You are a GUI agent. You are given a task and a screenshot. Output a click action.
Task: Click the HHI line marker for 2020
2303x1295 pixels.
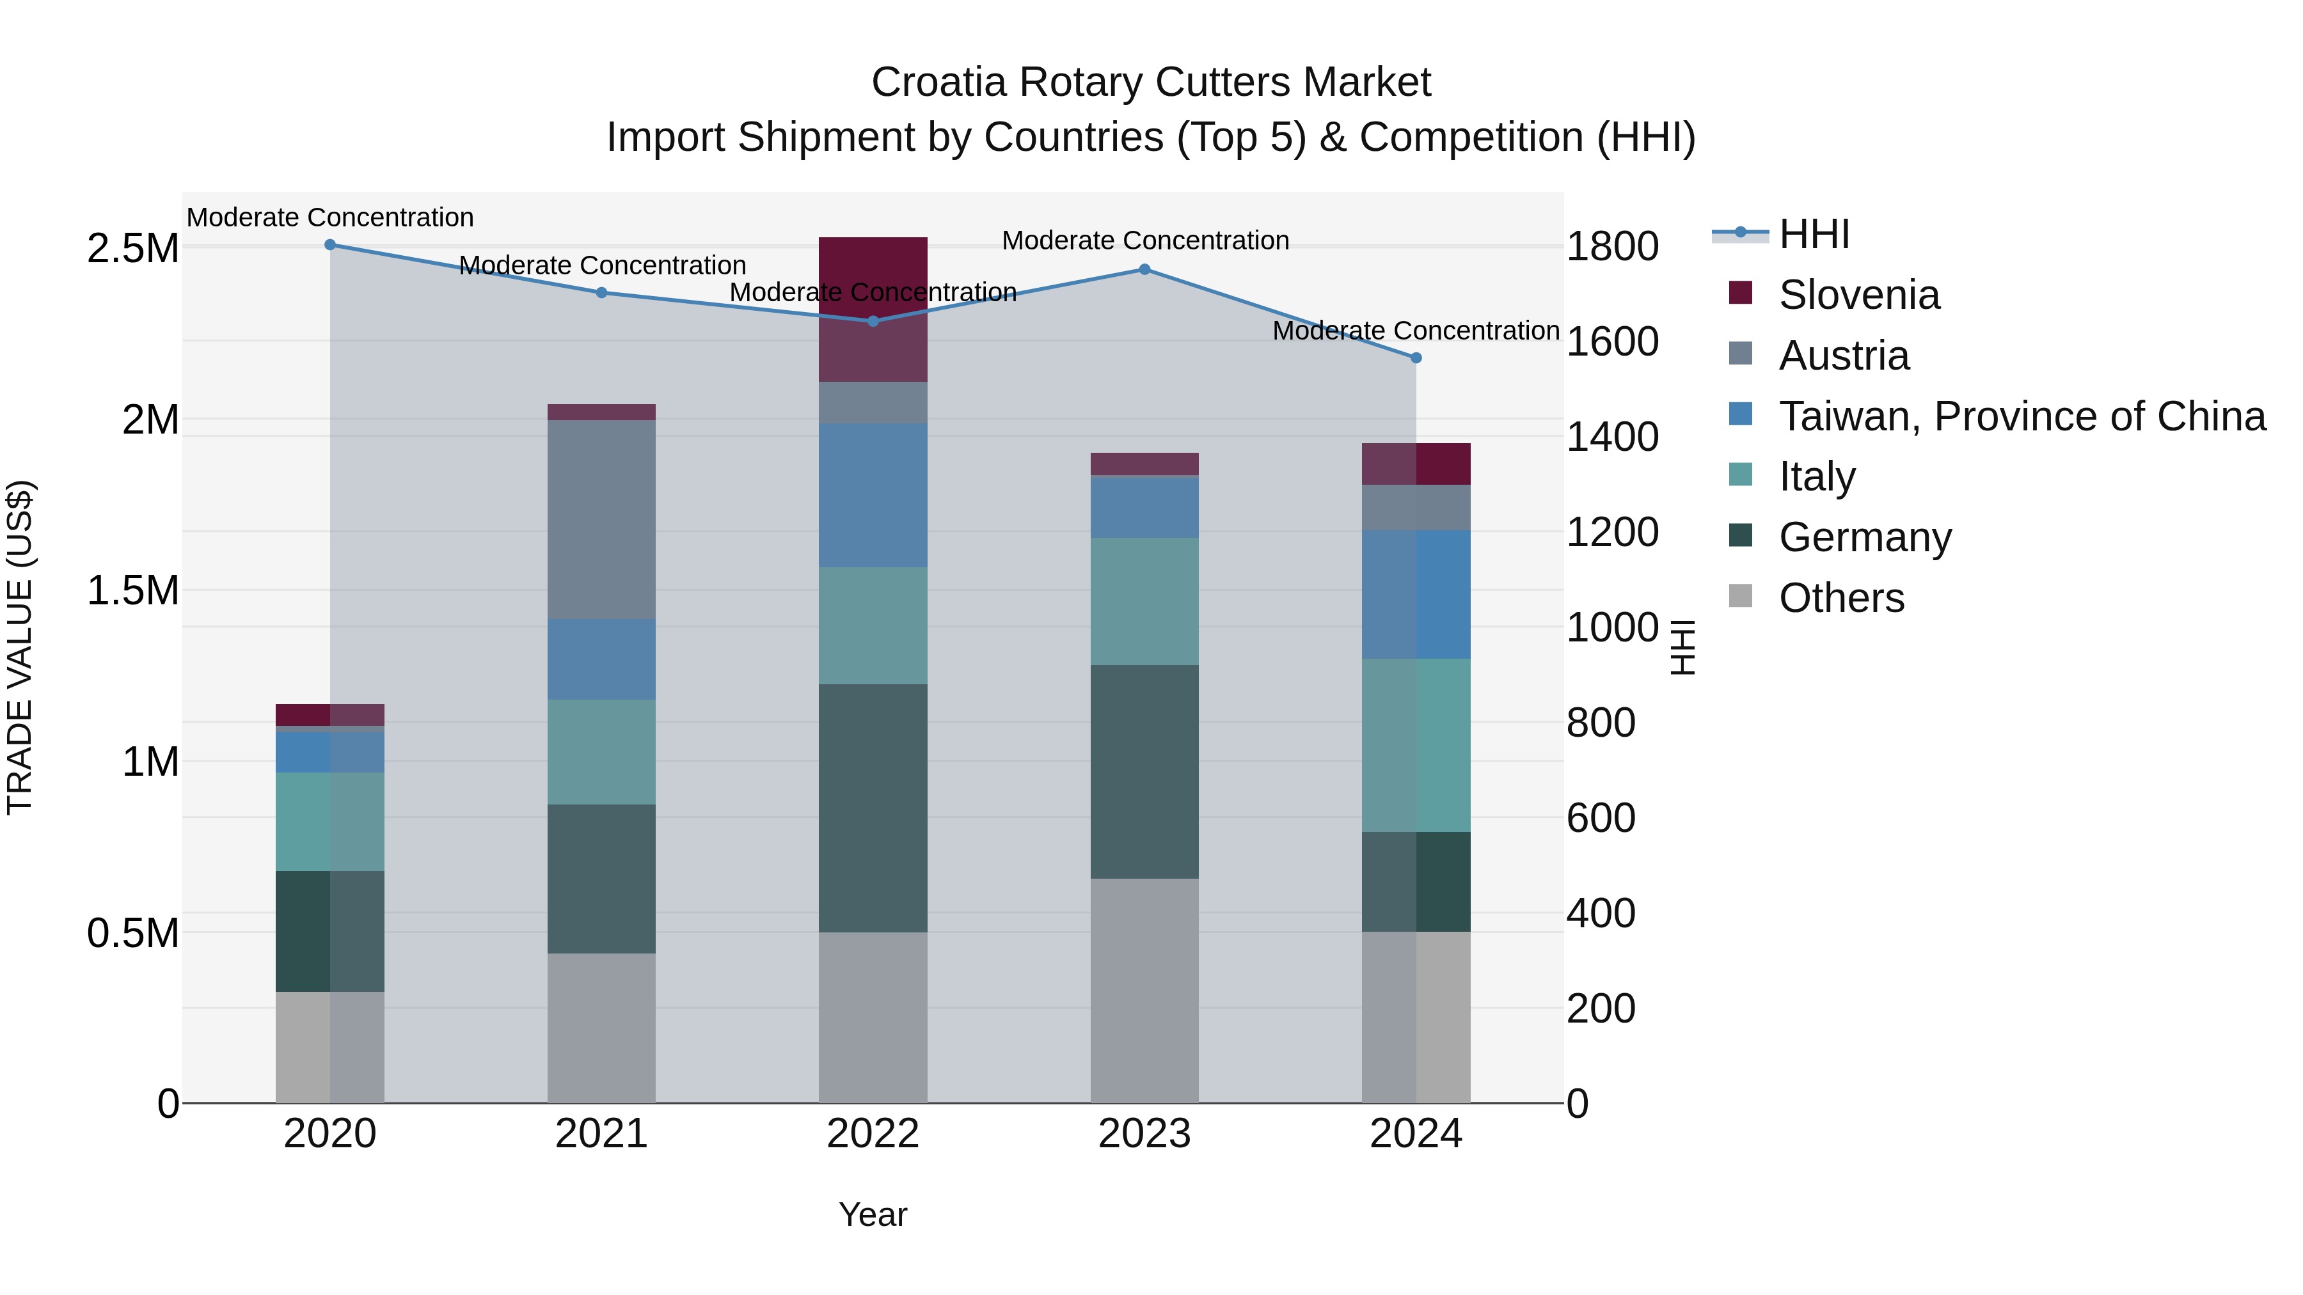click(330, 244)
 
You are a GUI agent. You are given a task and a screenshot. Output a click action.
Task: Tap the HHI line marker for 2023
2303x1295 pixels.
click(1144, 269)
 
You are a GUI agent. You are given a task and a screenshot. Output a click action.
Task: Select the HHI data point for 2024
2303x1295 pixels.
click(1416, 357)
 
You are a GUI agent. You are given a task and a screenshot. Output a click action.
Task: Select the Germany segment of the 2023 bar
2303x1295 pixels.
click(1144, 771)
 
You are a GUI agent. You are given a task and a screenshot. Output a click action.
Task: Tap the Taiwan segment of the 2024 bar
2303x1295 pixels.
click(1416, 594)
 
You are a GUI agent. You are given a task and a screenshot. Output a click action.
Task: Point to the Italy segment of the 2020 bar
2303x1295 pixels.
click(330, 821)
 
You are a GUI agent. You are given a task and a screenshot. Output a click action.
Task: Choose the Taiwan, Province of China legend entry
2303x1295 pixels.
click(2020, 416)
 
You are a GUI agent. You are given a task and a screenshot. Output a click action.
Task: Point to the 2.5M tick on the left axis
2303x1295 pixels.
click(132, 247)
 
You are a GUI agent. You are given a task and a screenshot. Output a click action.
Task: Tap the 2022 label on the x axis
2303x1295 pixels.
click(873, 1134)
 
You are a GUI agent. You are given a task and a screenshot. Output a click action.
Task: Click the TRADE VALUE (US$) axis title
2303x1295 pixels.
click(20, 647)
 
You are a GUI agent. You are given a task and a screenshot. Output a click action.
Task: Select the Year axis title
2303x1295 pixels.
click(873, 1214)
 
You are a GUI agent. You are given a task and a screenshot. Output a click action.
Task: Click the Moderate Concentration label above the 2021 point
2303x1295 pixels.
click(602, 265)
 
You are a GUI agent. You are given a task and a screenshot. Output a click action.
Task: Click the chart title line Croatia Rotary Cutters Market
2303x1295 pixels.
click(1151, 82)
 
